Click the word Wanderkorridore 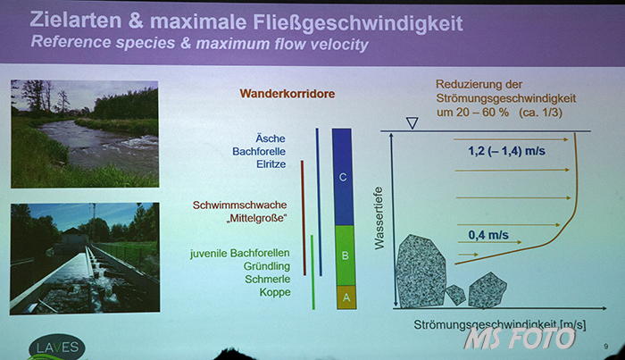click(287, 94)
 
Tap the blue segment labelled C click(342, 177)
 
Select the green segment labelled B click(345, 255)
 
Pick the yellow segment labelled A click(346, 297)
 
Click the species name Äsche click(271, 138)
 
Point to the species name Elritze click(271, 163)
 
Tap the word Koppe click(275, 292)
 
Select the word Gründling click(267, 266)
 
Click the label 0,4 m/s click(488, 235)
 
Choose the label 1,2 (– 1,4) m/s click(506, 151)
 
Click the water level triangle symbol click(412, 122)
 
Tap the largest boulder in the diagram click(421, 271)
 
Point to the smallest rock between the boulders click(455, 295)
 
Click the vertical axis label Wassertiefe click(379, 218)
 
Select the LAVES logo click(57, 347)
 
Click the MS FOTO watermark click(520, 338)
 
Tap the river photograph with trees click(85, 134)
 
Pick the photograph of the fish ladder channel click(85, 258)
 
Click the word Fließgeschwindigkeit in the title click(358, 22)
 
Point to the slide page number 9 click(606, 347)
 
